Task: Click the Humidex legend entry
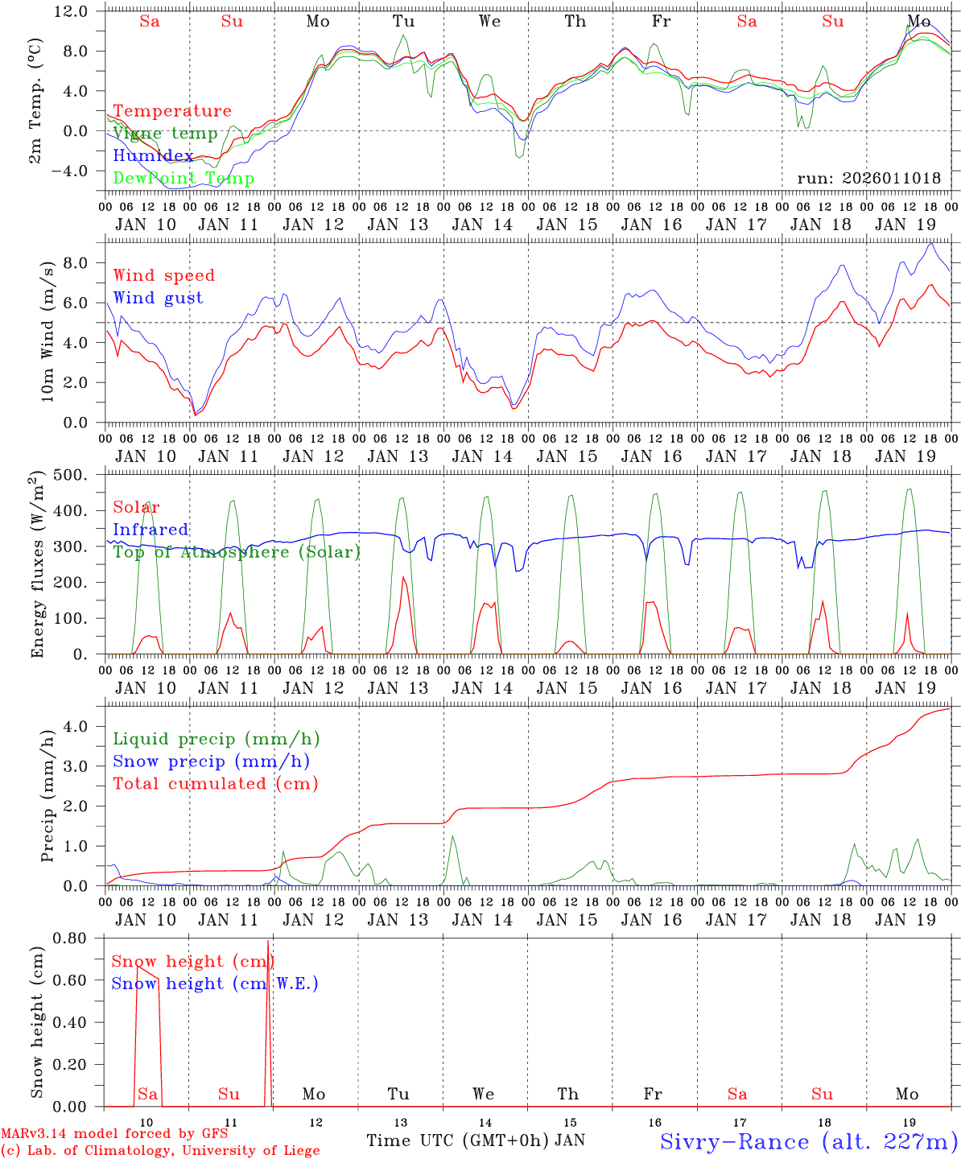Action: coord(153,156)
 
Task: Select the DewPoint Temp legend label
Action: coord(184,179)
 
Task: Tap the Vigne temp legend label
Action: coord(165,134)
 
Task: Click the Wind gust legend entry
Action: coord(158,298)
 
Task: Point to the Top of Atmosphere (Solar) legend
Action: coord(237,552)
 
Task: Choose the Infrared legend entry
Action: coord(151,530)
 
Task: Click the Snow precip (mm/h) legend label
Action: coord(211,761)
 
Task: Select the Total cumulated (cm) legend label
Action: coord(215,784)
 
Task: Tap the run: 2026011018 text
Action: coord(868,179)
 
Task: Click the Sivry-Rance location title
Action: coord(808,1141)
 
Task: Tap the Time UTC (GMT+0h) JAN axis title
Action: coord(475,1140)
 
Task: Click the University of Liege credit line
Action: coord(159,1151)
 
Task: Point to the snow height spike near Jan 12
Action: coord(268,942)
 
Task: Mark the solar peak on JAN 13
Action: coord(403,577)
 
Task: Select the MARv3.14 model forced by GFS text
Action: coord(113,1134)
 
